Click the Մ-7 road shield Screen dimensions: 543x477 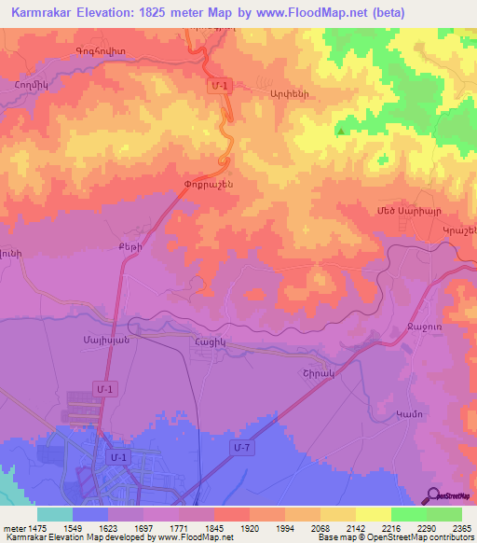[x=241, y=450]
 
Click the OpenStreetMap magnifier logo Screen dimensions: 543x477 [x=433, y=496]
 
